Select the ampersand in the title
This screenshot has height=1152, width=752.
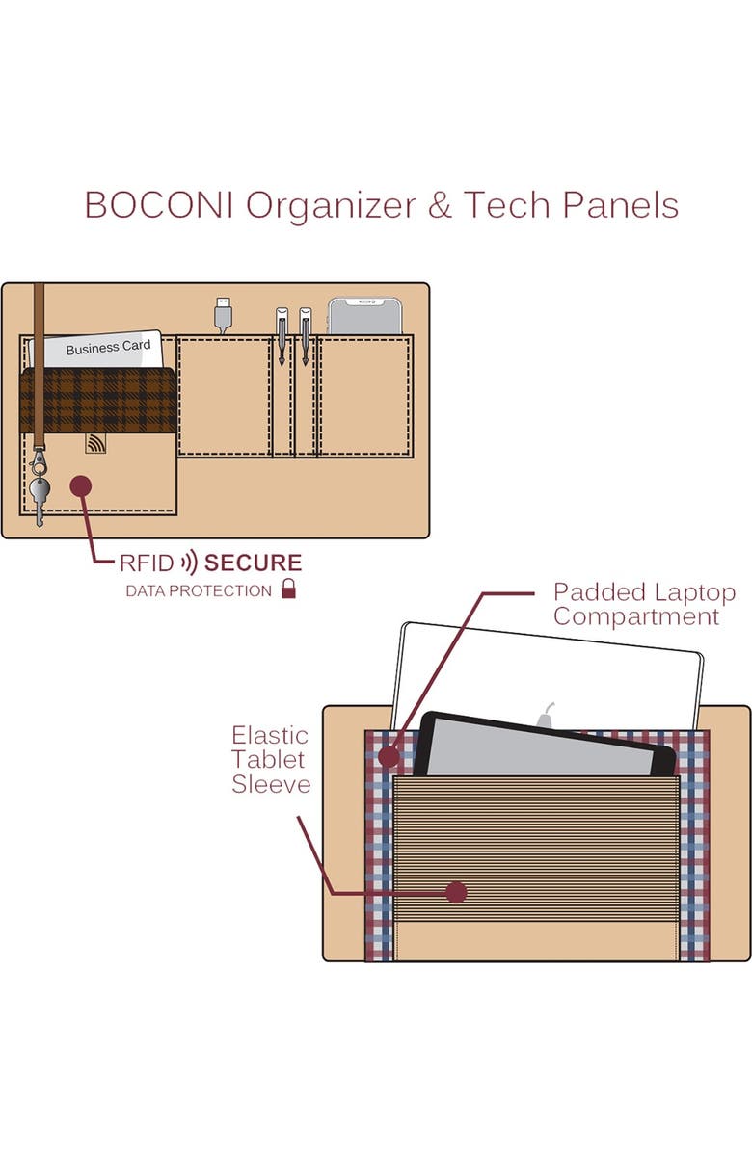439,206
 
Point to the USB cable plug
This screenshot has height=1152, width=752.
223,314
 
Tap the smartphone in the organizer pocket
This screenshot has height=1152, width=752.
364,316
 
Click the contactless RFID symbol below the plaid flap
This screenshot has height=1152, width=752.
95,443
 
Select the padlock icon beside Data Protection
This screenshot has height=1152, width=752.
288,589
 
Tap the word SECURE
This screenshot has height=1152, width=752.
254,563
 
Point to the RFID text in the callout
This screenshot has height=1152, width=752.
148,563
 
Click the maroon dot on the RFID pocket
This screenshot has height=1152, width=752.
82,485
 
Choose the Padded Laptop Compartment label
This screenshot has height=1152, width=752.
636,604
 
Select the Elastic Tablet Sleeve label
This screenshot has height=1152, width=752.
270,760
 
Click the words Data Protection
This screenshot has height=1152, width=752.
199,590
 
